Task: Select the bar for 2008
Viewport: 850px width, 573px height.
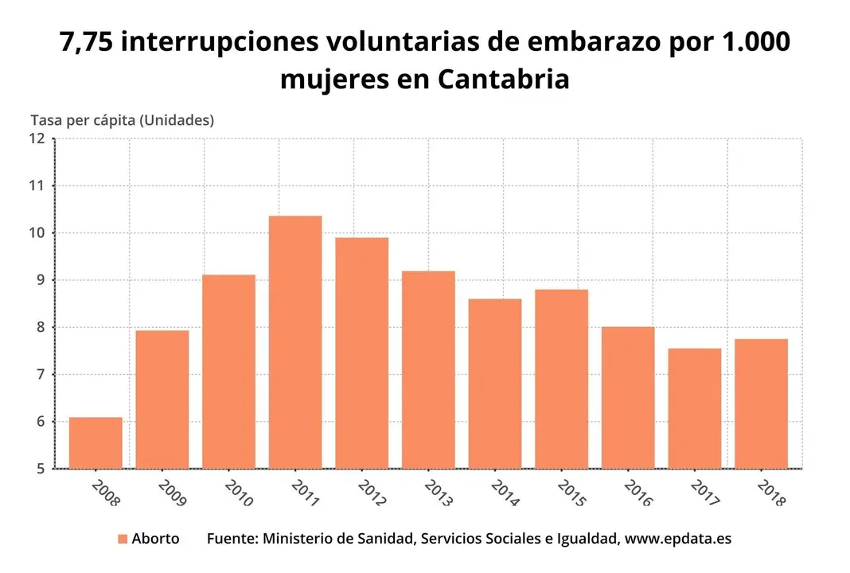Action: [96, 442]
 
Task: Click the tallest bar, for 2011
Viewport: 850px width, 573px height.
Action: [295, 342]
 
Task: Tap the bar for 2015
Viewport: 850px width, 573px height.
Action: [561, 379]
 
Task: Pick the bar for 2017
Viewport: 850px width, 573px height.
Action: [694, 408]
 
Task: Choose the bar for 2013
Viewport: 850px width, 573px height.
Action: [428, 369]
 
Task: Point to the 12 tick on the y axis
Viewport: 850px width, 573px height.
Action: [37, 138]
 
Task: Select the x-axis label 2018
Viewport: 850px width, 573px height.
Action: [771, 493]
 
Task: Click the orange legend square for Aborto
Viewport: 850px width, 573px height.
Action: [122, 539]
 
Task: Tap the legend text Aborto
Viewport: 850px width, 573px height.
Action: [155, 539]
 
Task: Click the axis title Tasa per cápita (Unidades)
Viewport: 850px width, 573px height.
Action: [122, 120]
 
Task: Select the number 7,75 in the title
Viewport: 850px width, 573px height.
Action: [88, 43]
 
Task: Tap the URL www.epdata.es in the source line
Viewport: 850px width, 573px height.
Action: [677, 539]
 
